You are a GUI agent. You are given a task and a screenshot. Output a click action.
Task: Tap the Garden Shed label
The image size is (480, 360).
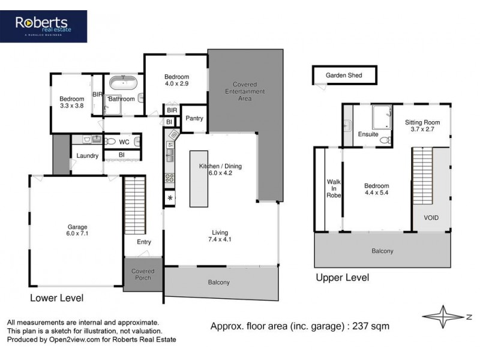pos(344,76)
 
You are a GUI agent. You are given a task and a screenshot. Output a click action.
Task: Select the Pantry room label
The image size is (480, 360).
pos(194,119)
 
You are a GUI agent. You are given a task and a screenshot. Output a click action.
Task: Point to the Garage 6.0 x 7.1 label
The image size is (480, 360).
pos(77,231)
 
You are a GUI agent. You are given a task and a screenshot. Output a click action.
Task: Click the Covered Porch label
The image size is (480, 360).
pos(143,275)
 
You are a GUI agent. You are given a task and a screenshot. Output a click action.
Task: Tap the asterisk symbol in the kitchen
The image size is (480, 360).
pos(170,198)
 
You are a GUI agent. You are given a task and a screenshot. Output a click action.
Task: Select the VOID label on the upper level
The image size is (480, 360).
pos(431,218)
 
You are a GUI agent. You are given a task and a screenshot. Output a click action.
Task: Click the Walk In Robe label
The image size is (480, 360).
pos(334,187)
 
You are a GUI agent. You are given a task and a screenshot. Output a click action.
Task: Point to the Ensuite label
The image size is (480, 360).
pos(368,134)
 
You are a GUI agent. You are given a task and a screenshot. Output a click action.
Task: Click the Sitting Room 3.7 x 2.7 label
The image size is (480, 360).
pos(422,125)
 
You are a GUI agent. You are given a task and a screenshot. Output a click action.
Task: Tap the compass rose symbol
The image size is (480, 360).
pos(443,316)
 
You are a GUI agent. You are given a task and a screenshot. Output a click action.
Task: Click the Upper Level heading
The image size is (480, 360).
pos(342,278)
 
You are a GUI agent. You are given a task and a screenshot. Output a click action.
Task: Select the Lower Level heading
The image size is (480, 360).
pos(57,298)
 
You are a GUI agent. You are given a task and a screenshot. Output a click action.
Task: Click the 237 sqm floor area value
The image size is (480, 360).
pos(372,326)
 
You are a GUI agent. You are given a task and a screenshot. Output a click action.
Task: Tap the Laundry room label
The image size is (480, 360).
pos(88,157)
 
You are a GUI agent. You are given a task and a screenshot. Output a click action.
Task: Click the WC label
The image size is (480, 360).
pos(124,142)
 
